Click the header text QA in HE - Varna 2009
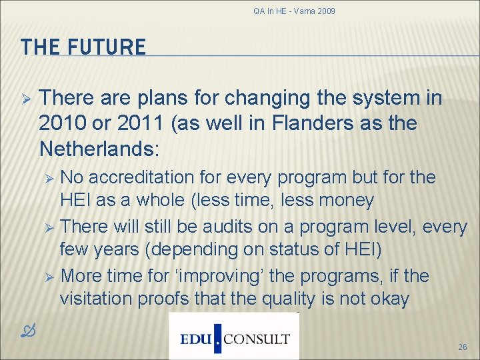tap(294, 11)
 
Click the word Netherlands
tap(97, 147)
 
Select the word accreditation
tap(143, 177)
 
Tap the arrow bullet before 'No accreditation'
tap(47, 178)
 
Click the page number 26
tap(462, 347)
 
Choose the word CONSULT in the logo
tap(257, 339)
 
